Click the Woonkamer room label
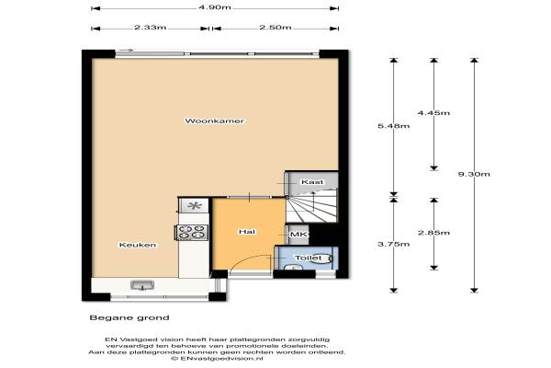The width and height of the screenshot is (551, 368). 214,121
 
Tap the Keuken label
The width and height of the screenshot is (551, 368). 138,245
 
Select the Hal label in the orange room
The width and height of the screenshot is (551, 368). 247,232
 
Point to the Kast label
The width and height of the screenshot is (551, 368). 312,182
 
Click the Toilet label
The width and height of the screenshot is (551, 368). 309,259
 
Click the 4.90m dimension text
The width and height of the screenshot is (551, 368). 215,7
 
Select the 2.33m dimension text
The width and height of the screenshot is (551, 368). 150,28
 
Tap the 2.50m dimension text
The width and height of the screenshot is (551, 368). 275,28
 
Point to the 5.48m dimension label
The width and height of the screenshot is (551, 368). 394,126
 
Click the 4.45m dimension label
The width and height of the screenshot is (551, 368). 433,113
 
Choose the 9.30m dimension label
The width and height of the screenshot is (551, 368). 474,174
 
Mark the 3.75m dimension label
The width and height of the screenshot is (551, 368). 394,244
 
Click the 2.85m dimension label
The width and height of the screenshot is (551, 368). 433,233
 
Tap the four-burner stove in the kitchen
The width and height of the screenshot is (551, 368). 192,233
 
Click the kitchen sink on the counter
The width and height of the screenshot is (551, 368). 142,285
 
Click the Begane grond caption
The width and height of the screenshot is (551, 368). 129,317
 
